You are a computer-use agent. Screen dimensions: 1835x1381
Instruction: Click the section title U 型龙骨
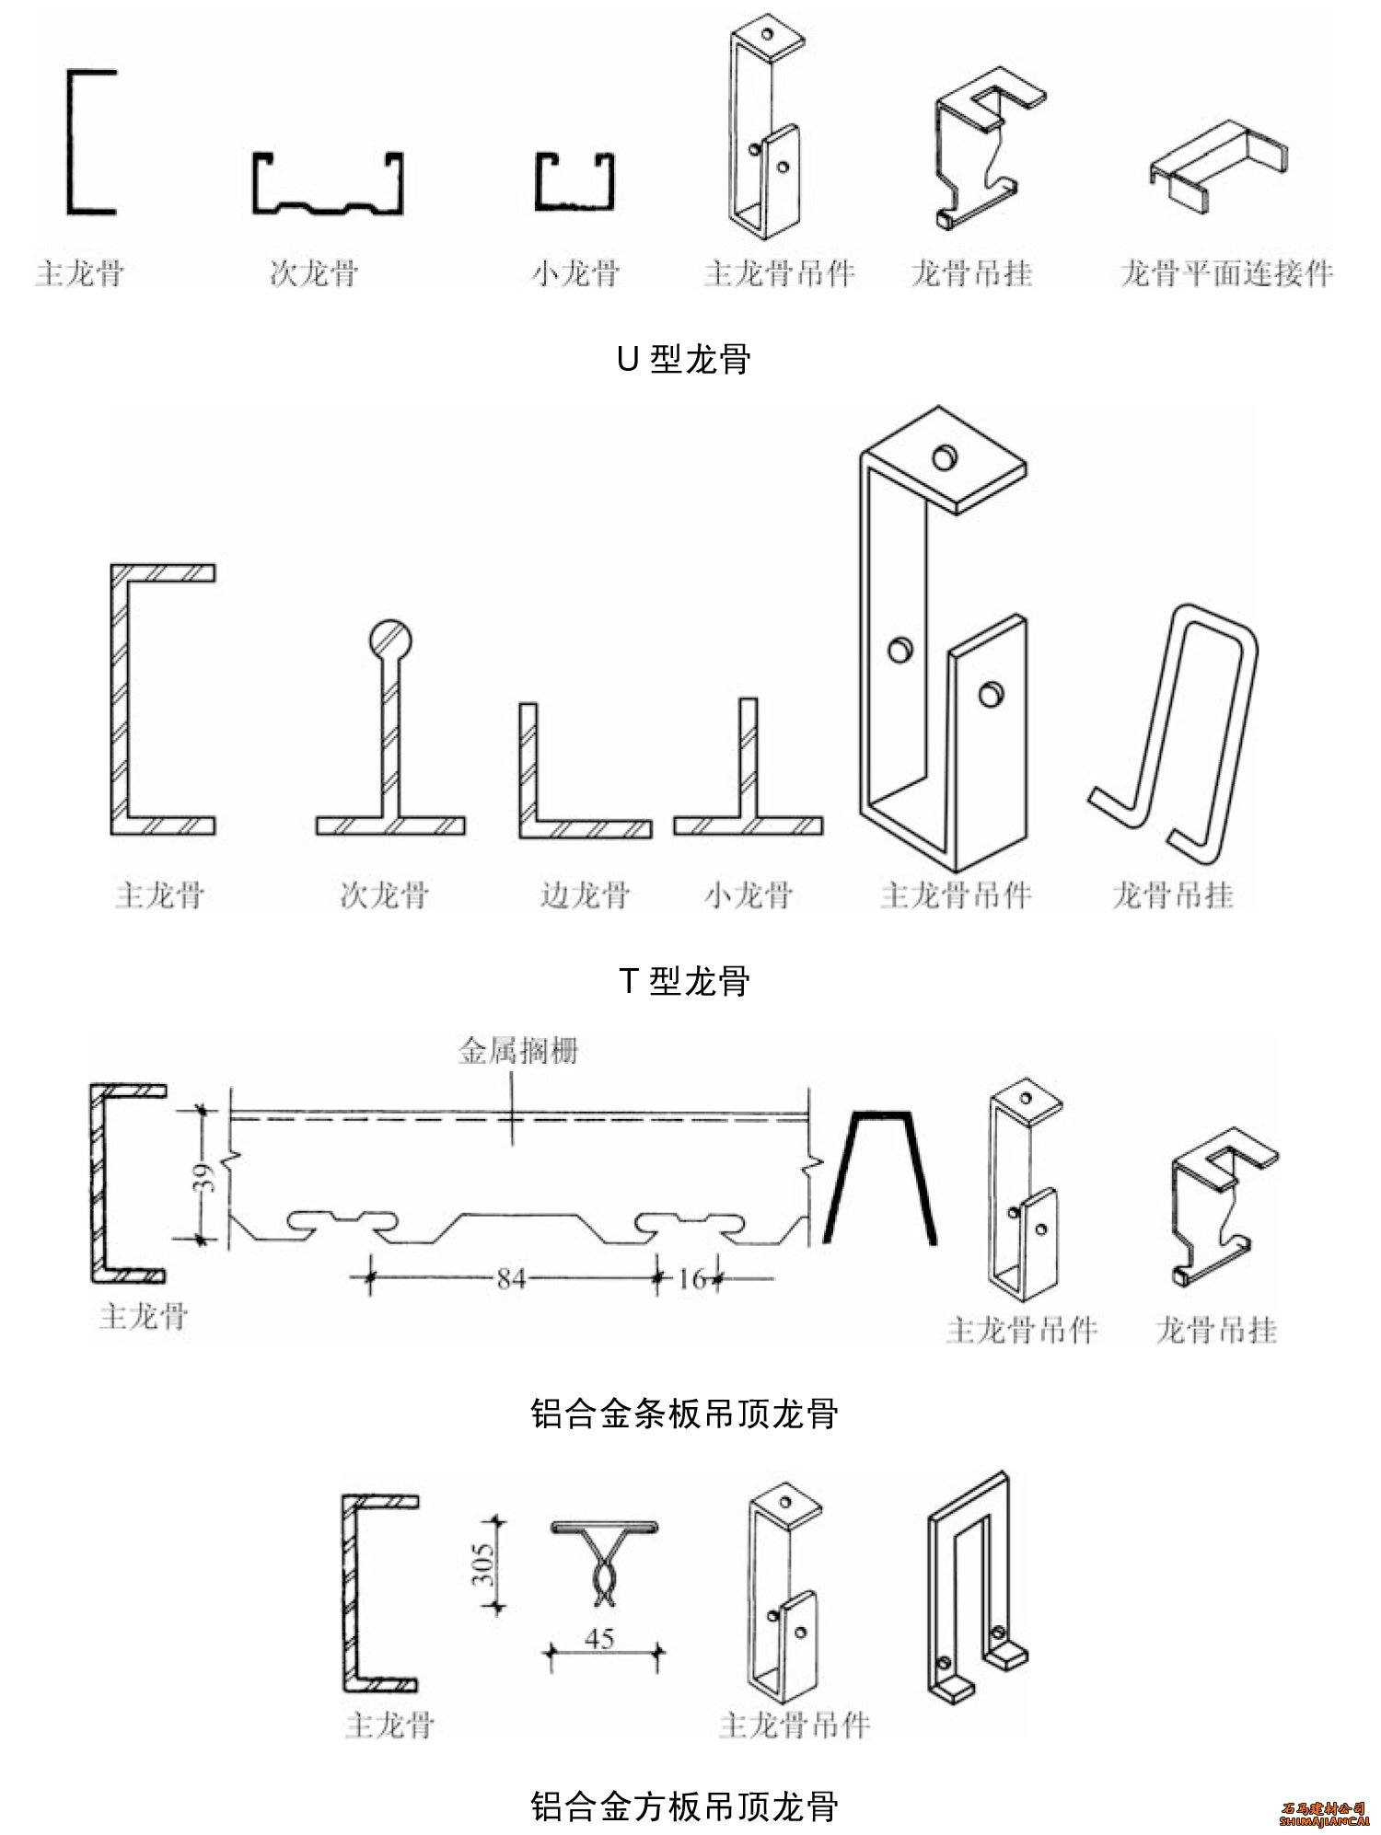tap(683, 359)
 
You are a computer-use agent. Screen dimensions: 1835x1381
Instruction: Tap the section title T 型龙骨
tap(683, 982)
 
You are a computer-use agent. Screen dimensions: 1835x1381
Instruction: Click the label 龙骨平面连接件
tap(1226, 273)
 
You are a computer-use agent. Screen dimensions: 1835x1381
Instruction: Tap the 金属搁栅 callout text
tap(518, 1052)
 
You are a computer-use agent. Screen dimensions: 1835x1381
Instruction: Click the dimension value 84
tap(511, 1278)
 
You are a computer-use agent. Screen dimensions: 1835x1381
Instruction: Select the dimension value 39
tap(209, 1177)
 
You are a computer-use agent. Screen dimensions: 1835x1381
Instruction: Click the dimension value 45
tap(599, 1639)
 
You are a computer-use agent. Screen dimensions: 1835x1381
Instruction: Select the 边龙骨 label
tap(585, 894)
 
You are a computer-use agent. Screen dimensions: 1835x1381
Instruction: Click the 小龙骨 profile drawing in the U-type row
tap(574, 182)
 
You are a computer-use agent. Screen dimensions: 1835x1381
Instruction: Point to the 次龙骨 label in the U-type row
tap(313, 273)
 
